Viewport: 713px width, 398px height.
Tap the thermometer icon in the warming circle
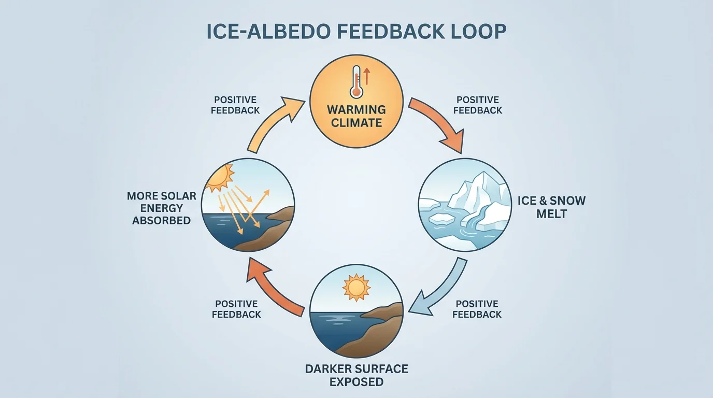[x=356, y=81]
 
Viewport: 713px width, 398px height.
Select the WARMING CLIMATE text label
[x=355, y=116]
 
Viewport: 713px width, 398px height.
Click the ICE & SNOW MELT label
[x=551, y=207]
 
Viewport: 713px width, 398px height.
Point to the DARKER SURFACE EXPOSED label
[x=356, y=375]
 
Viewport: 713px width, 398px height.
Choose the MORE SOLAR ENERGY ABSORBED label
[x=162, y=208]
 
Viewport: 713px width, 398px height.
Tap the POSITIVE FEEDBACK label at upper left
[x=236, y=105]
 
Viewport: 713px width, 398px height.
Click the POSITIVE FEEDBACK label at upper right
[x=478, y=105]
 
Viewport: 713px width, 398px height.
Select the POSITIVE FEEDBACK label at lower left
[x=236, y=309]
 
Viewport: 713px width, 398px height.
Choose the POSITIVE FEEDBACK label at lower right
[x=477, y=309]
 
